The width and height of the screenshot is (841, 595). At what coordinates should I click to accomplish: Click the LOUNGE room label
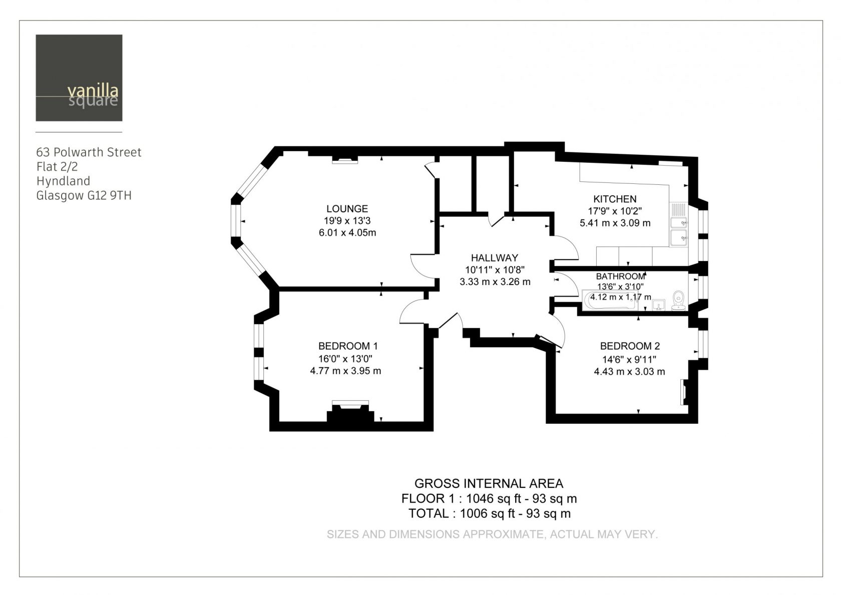[x=347, y=208]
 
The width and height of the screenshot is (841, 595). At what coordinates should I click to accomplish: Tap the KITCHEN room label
[x=615, y=199]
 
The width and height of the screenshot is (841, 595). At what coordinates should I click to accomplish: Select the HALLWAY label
[x=495, y=257]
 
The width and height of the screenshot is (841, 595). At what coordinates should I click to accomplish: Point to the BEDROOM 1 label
[x=347, y=346]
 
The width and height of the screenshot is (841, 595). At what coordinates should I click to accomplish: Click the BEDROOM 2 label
[x=630, y=346]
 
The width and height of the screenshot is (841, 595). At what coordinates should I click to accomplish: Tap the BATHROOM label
[x=620, y=276]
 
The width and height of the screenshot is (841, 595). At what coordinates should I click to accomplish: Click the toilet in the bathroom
[x=678, y=301]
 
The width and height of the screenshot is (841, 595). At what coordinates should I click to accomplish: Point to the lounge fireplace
[x=344, y=160]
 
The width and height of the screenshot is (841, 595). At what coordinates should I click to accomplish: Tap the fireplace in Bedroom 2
[x=684, y=392]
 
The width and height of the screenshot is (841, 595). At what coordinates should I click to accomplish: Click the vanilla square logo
[x=79, y=78]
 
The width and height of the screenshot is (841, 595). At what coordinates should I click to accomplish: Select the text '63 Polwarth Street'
[x=89, y=152]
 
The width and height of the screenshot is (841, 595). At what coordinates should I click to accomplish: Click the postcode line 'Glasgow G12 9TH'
[x=84, y=196]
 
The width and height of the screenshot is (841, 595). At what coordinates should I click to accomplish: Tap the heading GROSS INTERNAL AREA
[x=489, y=483]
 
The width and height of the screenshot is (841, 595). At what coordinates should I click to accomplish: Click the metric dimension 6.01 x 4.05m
[x=347, y=232]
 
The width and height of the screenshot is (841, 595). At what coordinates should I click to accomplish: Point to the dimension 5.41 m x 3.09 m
[x=615, y=223]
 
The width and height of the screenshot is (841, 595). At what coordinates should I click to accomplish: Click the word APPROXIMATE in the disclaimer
[x=504, y=534]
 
